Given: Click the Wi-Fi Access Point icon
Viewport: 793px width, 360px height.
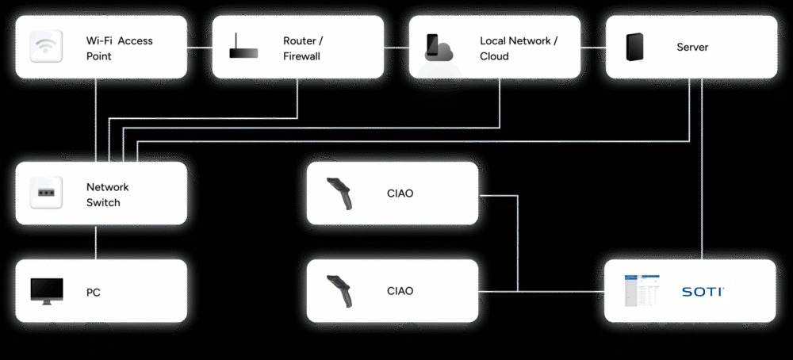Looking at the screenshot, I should coord(46,48).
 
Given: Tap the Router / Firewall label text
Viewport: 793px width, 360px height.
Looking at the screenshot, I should coord(303,48).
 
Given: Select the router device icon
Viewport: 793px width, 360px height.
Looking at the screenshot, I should coord(243,48).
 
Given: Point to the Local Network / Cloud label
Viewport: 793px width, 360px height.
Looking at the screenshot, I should coord(519,48).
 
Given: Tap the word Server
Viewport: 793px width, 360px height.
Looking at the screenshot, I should coord(692,48).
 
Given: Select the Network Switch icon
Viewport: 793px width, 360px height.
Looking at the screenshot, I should coord(46,193).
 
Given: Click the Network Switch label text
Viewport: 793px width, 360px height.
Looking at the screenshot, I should coord(107,195).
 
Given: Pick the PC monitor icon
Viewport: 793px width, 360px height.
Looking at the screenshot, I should coord(46,292).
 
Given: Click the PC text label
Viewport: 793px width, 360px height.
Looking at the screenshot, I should coord(94,293).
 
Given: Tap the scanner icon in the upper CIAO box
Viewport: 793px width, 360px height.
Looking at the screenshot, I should coord(340,194).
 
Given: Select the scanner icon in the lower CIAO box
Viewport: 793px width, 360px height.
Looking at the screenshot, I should coord(340,291).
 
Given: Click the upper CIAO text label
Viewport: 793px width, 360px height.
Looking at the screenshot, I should coord(400,193).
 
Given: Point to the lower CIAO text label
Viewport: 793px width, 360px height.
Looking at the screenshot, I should coord(400,291).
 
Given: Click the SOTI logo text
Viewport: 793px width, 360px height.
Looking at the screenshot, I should coord(703,292).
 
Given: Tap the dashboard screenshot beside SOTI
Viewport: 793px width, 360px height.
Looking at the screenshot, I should coord(642,291).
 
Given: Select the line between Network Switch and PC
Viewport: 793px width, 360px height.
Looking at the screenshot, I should coord(96,242).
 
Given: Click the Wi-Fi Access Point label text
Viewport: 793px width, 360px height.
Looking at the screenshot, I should coord(119,48).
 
